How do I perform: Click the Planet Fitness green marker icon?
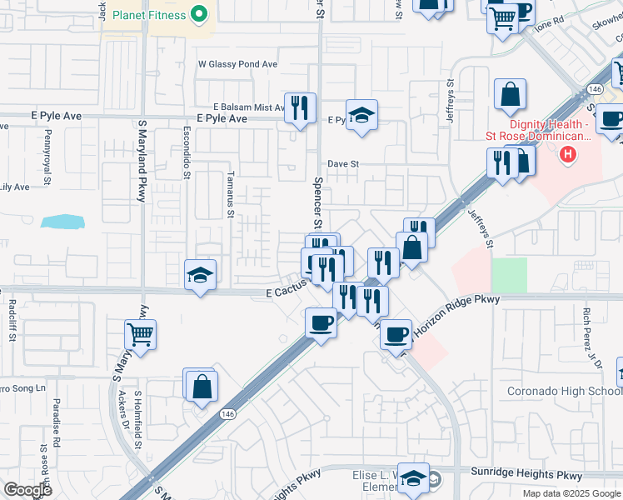pos(199,13)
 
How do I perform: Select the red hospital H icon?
pos(568,154)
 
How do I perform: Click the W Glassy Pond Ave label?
pos(237,64)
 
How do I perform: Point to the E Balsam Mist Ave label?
pos(250,107)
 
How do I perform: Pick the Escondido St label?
pos(187,153)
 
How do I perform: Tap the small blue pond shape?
pos(62,222)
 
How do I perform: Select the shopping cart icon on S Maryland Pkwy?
pos(141,335)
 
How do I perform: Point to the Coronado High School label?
pos(565,392)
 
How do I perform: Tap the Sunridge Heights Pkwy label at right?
pos(534,475)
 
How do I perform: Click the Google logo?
pos(28,490)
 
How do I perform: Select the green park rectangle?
pos(509,275)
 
